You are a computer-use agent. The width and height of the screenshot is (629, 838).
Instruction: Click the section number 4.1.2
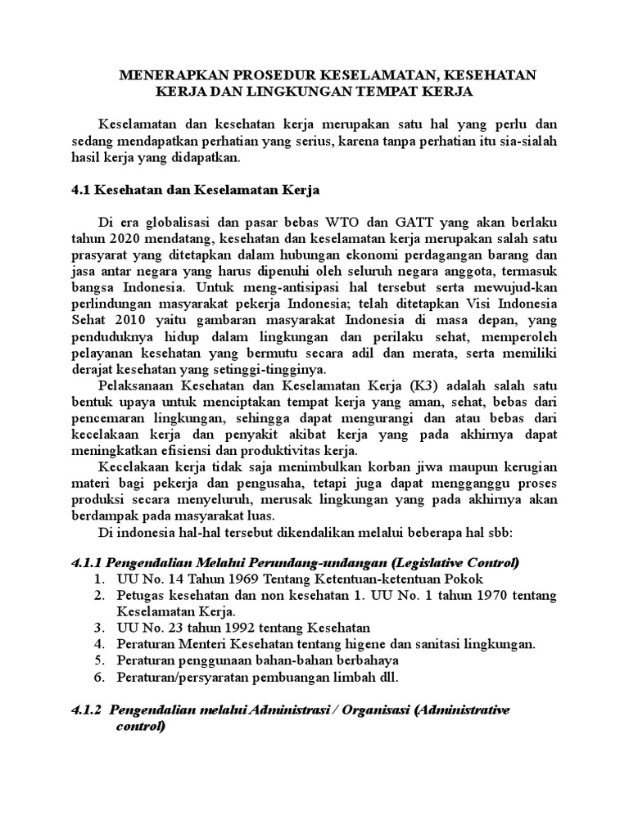84,710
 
